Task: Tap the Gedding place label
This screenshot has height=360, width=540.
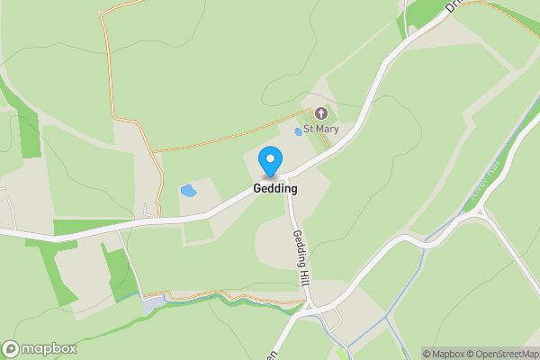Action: click(274, 190)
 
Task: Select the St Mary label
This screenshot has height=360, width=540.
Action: click(322, 129)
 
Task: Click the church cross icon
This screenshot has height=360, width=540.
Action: click(321, 113)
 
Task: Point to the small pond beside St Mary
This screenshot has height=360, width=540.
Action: click(299, 132)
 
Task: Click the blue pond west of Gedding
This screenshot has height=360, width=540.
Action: click(189, 191)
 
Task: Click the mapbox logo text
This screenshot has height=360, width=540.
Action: click(49, 349)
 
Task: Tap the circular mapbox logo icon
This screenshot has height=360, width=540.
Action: click(11, 349)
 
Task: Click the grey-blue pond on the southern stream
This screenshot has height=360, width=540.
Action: click(150, 304)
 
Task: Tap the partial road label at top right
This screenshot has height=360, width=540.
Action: click(453, 6)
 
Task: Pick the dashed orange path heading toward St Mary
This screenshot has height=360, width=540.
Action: click(234, 137)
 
